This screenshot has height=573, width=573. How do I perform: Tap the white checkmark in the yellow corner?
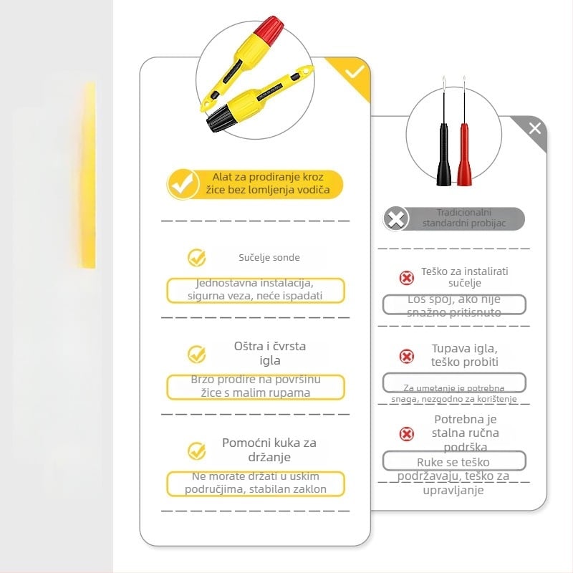(x=355, y=72)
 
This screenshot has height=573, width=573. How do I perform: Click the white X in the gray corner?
(x=535, y=129)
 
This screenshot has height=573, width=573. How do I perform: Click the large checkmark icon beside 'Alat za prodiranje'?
(x=183, y=184)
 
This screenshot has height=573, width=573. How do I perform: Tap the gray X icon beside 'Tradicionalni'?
(x=396, y=218)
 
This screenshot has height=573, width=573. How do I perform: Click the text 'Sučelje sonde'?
(x=269, y=257)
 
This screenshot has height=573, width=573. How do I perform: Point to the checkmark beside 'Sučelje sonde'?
(x=196, y=257)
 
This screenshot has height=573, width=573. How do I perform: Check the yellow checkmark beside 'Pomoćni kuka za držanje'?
(x=196, y=451)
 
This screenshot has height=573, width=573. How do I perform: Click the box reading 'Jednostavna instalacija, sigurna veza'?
(x=256, y=290)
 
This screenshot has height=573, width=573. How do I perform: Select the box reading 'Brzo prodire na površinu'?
(x=256, y=387)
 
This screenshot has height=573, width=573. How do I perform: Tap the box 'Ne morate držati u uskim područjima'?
(x=256, y=483)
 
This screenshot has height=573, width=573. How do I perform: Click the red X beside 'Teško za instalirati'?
(x=406, y=278)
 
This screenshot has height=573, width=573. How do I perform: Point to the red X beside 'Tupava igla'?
(x=406, y=356)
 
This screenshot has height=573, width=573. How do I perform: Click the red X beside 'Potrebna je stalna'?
(x=406, y=433)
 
